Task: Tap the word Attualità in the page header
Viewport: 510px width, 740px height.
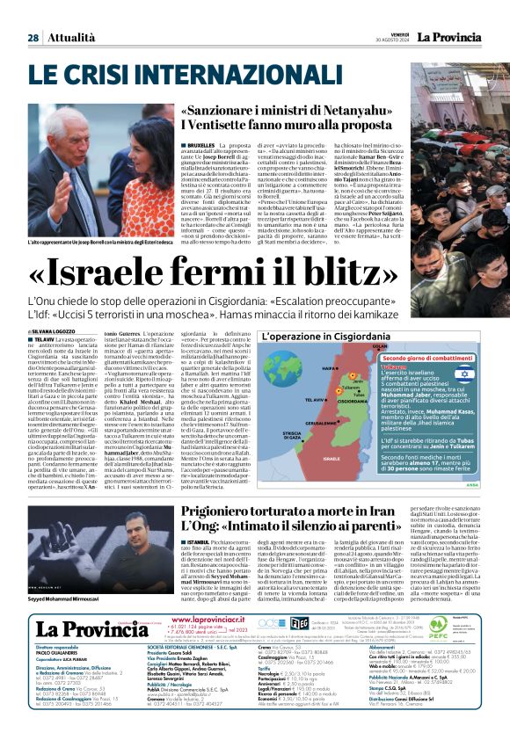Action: click(x=70, y=38)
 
